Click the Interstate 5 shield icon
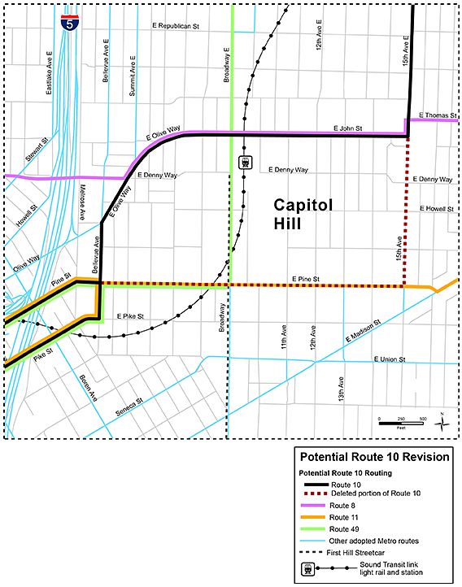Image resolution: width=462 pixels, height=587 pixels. point(69,23)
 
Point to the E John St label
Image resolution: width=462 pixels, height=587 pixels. point(347,128)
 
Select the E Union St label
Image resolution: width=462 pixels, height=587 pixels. point(388,359)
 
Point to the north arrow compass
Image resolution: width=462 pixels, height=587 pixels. point(441,420)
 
